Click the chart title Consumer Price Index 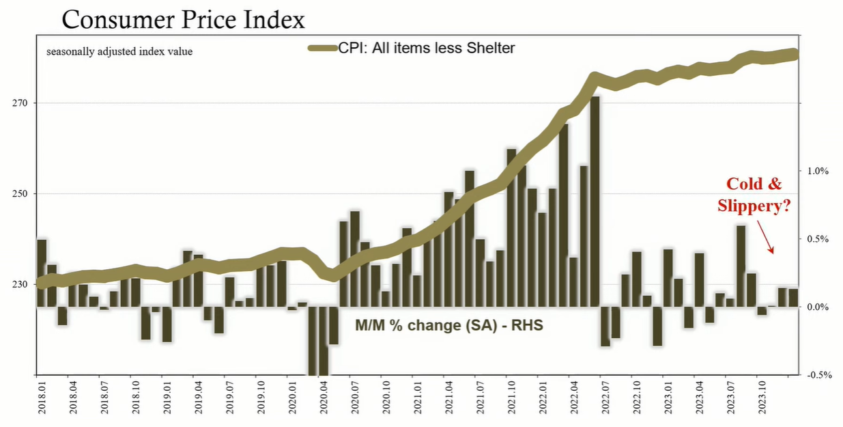183,20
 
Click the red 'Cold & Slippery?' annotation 754,195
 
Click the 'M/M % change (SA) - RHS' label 448,326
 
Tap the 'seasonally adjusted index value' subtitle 119,51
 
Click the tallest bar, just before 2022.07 595,202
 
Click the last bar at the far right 793,298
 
